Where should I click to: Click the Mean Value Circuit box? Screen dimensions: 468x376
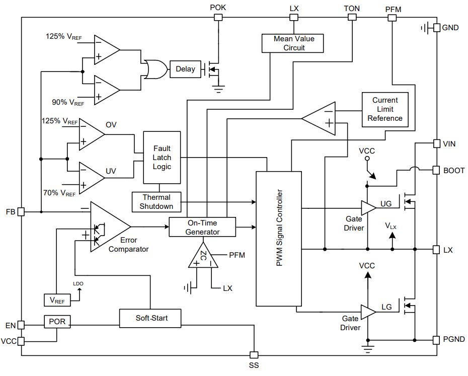tap(292, 43)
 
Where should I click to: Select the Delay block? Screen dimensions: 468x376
tap(185, 69)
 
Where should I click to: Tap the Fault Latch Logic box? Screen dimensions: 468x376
tap(162, 158)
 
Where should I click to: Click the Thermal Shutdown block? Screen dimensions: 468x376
tap(157, 202)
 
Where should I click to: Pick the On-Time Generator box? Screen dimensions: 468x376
tap(202, 228)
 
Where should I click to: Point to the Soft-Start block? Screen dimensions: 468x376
tap(150, 318)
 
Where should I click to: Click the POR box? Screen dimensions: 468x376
tap(57, 322)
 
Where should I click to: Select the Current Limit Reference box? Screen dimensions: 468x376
tap(385, 110)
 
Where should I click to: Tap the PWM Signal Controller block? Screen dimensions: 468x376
tap(279, 239)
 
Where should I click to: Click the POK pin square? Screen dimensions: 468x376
tap(218, 17)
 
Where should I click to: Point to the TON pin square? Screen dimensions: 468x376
tap(352, 17)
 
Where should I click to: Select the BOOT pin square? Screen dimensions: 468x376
tap(436, 170)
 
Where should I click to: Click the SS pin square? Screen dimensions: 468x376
tap(254, 355)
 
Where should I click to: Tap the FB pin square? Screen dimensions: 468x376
tap(21, 212)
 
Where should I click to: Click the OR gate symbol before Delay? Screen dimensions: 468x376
tap(155, 69)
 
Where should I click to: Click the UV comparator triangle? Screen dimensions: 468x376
tap(92, 178)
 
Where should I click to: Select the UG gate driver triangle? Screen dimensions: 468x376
tap(368, 208)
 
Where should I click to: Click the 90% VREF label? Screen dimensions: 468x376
tap(68, 103)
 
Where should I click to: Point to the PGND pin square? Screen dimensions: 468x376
tap(436, 340)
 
